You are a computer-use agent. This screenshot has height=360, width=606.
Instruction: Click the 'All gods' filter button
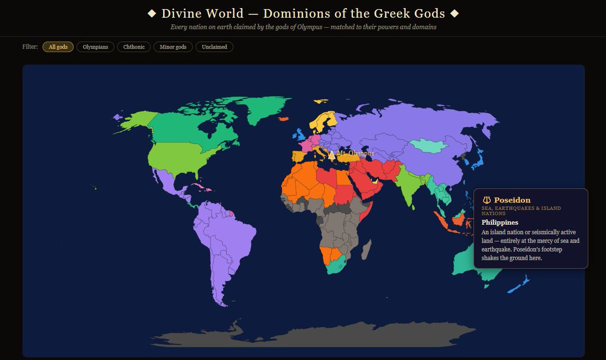[58, 47]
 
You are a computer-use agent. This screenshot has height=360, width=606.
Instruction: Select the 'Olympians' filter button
[95, 47]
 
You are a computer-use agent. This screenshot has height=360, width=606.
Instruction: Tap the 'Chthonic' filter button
[134, 47]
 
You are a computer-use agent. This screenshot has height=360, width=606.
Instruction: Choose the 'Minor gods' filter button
[173, 47]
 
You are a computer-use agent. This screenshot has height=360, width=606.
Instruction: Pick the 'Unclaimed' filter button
[214, 47]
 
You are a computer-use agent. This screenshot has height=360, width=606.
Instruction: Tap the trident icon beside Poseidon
[487, 200]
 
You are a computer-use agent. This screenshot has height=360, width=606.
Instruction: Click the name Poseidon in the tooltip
[512, 200]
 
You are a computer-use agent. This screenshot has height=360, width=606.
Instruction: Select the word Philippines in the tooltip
[500, 222]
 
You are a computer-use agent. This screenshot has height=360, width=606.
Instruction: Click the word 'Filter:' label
[30, 47]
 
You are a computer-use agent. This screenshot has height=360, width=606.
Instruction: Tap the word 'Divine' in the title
[182, 14]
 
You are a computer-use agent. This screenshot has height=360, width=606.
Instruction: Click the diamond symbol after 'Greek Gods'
[454, 14]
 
